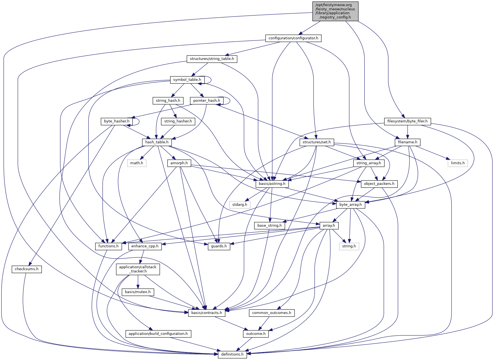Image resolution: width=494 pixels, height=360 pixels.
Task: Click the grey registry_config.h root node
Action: [x=335, y=11]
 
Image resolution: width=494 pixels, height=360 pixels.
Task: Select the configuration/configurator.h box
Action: [x=293, y=38]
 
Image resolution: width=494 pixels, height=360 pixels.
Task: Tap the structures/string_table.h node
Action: [x=212, y=59]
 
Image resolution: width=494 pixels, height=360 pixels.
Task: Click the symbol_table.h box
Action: [x=187, y=80]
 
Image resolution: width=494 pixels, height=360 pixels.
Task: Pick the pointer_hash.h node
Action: [x=206, y=101]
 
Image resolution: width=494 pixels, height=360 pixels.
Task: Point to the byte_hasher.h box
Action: [x=117, y=121]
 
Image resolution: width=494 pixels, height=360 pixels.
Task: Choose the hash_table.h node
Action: [x=157, y=142]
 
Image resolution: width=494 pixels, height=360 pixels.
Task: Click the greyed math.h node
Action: [x=136, y=163]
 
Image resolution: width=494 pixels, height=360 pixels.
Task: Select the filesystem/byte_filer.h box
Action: [x=407, y=121]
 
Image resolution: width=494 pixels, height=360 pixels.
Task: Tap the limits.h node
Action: [x=457, y=163]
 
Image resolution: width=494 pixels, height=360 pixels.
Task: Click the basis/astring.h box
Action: [x=272, y=184]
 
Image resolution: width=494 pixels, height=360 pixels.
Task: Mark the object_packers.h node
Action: [x=379, y=184]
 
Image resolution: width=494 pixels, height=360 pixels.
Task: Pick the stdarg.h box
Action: [x=240, y=205]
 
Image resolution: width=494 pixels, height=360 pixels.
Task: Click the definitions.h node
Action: [x=232, y=354]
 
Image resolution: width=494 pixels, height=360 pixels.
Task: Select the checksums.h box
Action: [x=26, y=269]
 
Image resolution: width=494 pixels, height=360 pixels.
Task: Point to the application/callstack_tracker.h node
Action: [x=138, y=269]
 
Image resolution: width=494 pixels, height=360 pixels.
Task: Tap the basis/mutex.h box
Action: [x=138, y=292]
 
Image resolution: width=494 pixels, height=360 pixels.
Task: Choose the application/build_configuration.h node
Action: [x=158, y=334]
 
